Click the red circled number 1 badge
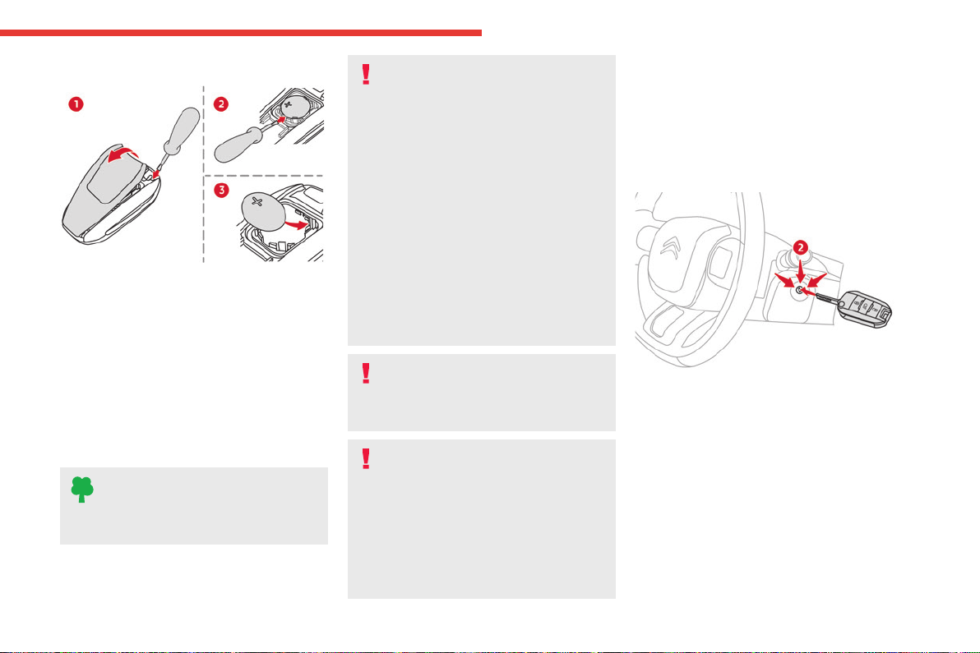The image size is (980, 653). (76, 104)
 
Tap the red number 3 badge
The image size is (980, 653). (221, 190)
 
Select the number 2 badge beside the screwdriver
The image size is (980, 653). (220, 104)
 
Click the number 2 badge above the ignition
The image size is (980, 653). (800, 248)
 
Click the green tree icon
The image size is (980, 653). (82, 490)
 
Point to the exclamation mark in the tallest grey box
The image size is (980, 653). (366, 74)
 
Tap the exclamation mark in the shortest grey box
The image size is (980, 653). (366, 374)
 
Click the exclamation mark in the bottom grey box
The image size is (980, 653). (366, 459)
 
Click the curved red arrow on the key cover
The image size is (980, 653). (123, 153)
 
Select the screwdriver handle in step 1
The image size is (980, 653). (182, 129)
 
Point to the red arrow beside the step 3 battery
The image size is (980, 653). (296, 223)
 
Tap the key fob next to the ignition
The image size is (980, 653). (864, 308)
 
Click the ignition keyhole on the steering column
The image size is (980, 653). (799, 289)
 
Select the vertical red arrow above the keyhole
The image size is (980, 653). (801, 269)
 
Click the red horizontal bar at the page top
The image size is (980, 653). (241, 33)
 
